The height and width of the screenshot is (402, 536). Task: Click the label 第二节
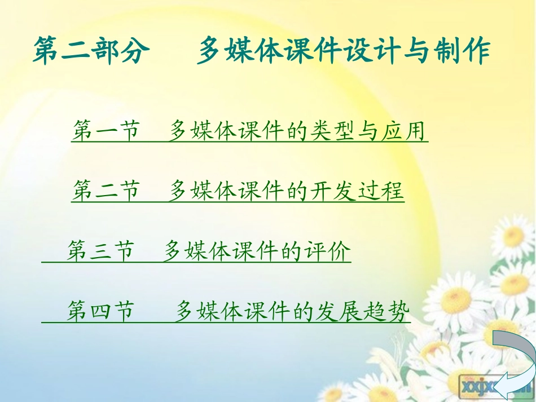point(106,191)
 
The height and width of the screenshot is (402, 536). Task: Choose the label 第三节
point(101,251)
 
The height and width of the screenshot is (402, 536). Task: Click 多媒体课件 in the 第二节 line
point(225,191)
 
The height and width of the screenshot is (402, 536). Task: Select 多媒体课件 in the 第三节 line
point(219,251)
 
